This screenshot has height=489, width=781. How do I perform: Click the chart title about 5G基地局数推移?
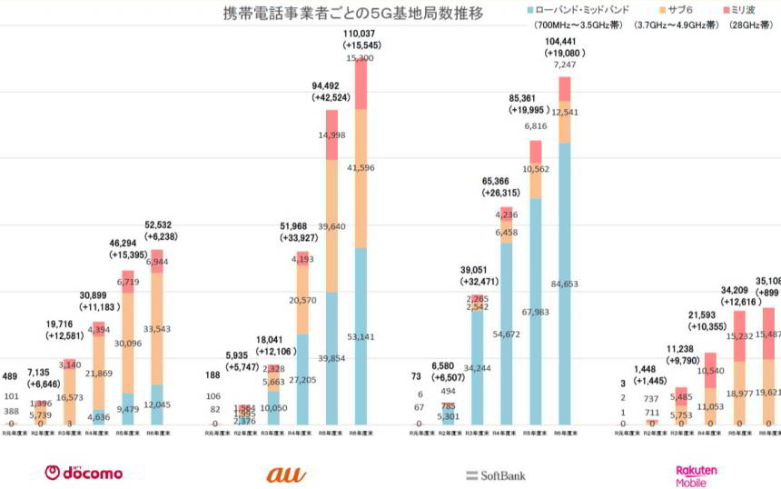pyautogui.click(x=353, y=14)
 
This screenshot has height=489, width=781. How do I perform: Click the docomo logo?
pyautogui.click(x=84, y=473)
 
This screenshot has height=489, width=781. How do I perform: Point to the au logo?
pyautogui.click(x=286, y=474)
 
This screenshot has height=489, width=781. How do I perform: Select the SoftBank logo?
pyautogui.click(x=496, y=474)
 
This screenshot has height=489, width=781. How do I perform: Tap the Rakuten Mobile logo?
pyautogui.click(x=697, y=474)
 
